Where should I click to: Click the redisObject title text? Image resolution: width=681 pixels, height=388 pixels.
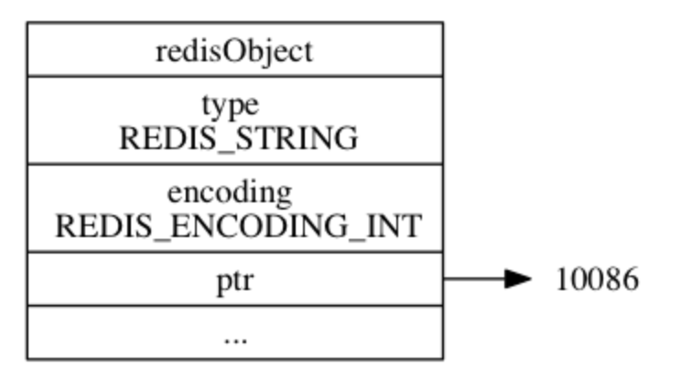(234, 50)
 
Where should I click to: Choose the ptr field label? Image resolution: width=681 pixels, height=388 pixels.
(234, 280)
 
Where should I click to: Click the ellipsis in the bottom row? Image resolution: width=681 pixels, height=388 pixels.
(234, 335)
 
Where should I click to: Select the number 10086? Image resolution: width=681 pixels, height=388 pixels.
(596, 280)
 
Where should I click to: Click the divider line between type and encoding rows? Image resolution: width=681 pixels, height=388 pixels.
(234, 165)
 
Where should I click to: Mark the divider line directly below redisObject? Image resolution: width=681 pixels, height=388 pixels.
(234, 76)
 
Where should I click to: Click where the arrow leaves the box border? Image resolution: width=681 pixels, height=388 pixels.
(443, 279)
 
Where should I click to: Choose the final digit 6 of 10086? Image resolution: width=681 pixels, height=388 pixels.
(629, 280)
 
